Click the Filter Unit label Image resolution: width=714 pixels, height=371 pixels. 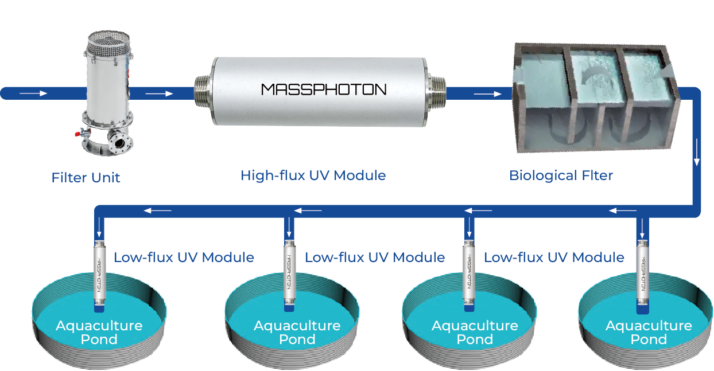[x=86, y=177]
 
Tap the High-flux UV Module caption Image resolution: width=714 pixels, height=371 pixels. [x=313, y=175]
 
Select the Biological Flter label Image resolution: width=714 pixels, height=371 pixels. [x=561, y=175]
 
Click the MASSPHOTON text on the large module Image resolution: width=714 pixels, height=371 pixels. [x=324, y=89]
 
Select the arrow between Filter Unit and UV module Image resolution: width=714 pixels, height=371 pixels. [x=159, y=94]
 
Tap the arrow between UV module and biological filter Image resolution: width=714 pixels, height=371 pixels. [x=487, y=94]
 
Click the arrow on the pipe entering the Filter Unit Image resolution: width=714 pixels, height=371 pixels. [x=34, y=93]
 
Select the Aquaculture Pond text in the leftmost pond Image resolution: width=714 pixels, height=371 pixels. [x=99, y=333]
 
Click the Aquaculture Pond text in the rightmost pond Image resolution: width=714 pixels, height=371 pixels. [x=649, y=333]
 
